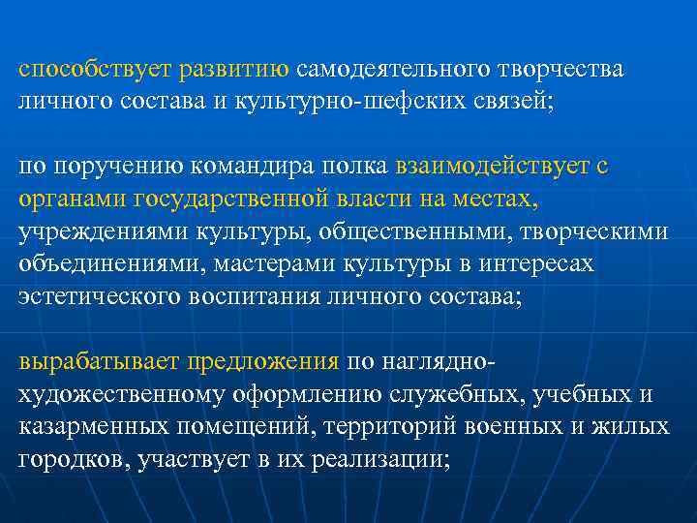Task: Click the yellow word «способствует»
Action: pos(93,71)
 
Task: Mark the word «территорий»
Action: pos(416,427)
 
